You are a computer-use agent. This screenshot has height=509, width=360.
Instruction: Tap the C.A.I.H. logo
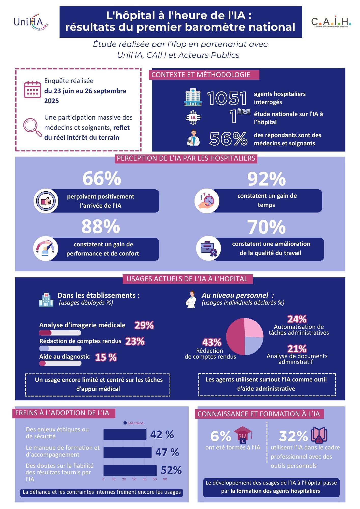tap(331, 22)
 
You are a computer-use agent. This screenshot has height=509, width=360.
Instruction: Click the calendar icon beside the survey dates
tap(32, 89)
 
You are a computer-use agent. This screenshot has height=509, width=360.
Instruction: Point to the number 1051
tap(227, 98)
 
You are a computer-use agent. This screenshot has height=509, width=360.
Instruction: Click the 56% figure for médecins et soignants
tap(228, 139)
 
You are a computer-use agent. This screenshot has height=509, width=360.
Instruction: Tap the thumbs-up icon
tap(46, 201)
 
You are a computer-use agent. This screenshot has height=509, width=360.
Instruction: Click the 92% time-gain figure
tap(266, 179)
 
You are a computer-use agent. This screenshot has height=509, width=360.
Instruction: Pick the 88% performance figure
tap(101, 227)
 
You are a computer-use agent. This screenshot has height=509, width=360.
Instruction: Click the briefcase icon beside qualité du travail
tap(208, 248)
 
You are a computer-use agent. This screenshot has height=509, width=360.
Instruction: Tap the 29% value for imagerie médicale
tap(144, 325)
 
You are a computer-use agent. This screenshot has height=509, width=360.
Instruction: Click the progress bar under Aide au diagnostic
tap(60, 363)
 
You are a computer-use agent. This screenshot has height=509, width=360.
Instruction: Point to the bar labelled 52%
tap(130, 471)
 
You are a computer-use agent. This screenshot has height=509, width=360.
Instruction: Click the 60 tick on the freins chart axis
tap(165, 479)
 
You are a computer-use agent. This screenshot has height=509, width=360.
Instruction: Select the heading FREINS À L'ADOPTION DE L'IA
tap(62, 413)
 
